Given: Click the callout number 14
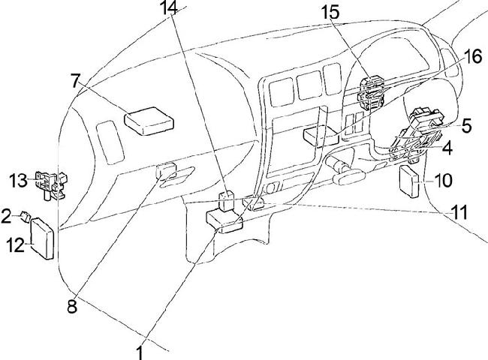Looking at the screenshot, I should (x=170, y=10).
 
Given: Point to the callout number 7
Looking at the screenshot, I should (x=75, y=79).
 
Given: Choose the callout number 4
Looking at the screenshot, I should (x=447, y=148).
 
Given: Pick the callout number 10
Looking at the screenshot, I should (x=443, y=180).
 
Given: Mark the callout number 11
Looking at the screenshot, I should (x=459, y=212).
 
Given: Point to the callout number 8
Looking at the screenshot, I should (x=72, y=306).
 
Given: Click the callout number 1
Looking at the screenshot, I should (x=140, y=350).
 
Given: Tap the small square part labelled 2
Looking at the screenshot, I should (x=27, y=217).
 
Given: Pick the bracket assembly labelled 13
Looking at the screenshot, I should (x=51, y=183).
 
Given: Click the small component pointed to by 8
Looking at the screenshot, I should (x=166, y=172).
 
